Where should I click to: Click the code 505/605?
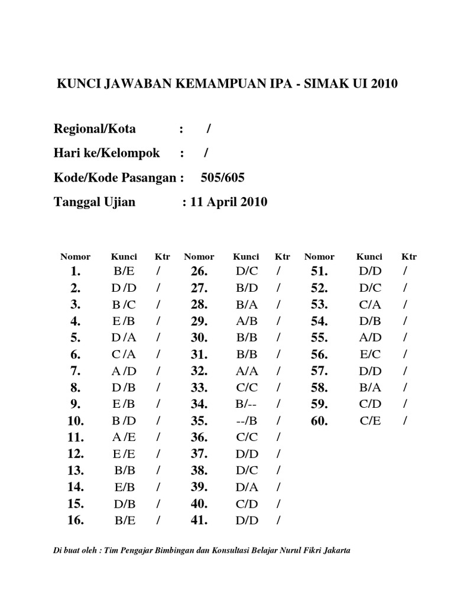tap(223, 178)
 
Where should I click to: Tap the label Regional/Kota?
tap(95, 129)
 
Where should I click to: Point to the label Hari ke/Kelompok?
tap(106, 153)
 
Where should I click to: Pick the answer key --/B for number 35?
tap(246, 421)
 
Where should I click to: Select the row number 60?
tap(319, 421)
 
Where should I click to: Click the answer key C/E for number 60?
tap(369, 421)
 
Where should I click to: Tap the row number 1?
tap(74, 272)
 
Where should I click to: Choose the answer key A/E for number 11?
tap(124, 438)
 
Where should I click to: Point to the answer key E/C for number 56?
tap(369, 355)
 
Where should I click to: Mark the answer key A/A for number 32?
tap(246, 372)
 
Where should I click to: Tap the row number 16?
tap(76, 521)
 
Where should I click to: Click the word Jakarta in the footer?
tap(336, 550)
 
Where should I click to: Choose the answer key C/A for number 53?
tap(369, 305)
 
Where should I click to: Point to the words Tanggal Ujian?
tap(95, 202)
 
